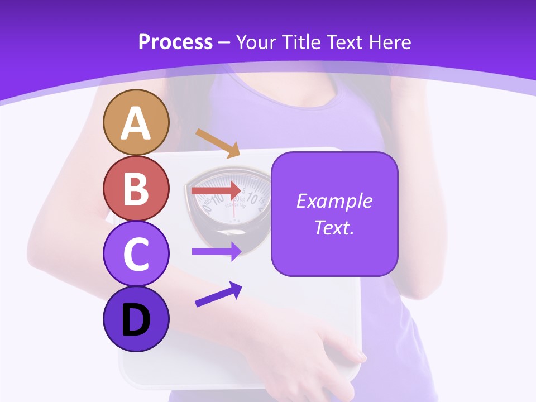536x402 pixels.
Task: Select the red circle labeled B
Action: (136, 188)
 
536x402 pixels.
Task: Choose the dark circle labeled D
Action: (136, 319)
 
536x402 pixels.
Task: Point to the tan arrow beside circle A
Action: (218, 143)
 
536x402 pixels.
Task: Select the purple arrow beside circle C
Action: (217, 251)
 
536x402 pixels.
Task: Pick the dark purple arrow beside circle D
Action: (218, 294)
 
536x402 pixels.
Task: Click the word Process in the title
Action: (175, 42)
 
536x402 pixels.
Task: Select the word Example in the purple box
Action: (334, 201)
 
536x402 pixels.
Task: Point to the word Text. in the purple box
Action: (334, 227)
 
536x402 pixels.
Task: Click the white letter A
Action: (136, 124)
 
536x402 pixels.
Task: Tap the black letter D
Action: (136, 320)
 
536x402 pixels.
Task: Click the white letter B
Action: (136, 189)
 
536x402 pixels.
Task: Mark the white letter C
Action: (136, 254)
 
